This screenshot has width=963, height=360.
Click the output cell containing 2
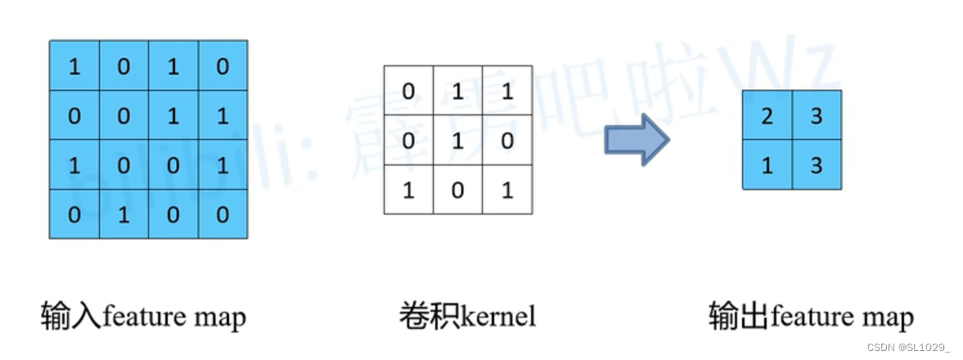[767, 115]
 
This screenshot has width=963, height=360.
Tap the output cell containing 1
[767, 164]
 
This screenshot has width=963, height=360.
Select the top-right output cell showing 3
[816, 115]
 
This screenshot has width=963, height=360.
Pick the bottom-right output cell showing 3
[816, 164]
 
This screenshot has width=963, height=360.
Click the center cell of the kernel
[458, 141]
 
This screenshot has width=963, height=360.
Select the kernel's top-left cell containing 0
[409, 92]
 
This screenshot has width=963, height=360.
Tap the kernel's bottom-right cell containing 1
[507, 190]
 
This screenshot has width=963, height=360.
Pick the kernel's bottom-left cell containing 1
[409, 190]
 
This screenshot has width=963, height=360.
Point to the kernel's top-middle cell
[458, 92]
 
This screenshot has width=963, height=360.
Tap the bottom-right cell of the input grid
[222, 214]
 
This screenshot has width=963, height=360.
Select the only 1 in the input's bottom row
[124, 214]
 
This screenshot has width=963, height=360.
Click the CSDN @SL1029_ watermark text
[907, 348]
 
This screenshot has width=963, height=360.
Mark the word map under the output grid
[889, 317]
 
